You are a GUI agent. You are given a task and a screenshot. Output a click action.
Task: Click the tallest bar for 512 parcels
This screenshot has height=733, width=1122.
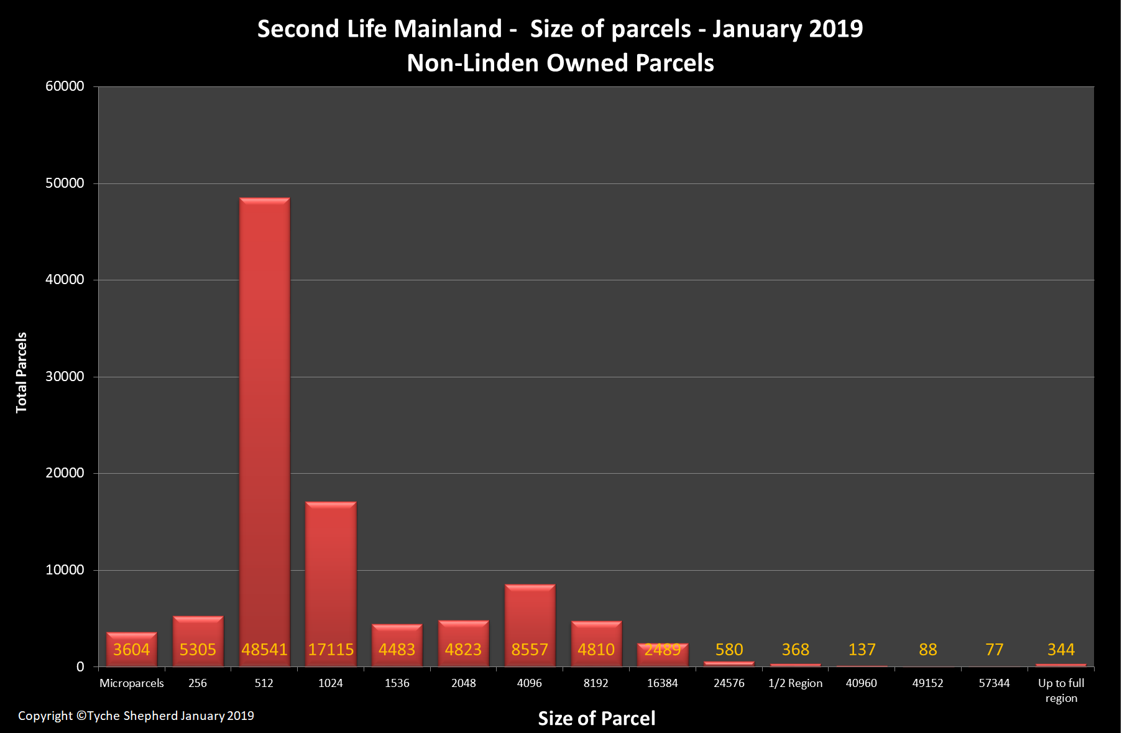pyautogui.click(x=264, y=432)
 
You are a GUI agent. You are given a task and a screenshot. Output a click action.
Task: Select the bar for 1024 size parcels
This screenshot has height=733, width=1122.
pyautogui.click(x=331, y=584)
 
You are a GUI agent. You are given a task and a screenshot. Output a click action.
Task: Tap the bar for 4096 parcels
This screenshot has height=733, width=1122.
pyautogui.click(x=530, y=625)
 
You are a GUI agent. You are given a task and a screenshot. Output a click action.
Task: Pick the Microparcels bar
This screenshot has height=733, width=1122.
pyautogui.click(x=132, y=649)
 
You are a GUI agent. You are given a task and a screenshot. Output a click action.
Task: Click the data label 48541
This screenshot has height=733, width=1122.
pyautogui.click(x=264, y=650)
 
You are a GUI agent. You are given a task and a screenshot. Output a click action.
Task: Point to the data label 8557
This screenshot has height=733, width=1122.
pyautogui.click(x=530, y=650)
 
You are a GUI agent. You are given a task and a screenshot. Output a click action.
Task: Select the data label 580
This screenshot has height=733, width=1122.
pyautogui.click(x=729, y=650)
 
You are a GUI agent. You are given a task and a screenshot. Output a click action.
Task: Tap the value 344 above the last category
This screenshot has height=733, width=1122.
pyautogui.click(x=1061, y=650)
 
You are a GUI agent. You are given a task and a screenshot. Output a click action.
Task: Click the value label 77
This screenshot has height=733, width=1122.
pyautogui.click(x=995, y=650)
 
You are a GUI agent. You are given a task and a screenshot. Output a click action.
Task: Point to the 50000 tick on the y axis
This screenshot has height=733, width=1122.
pyautogui.click(x=65, y=183)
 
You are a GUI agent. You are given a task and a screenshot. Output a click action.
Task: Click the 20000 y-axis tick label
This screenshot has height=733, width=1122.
pyautogui.click(x=65, y=473)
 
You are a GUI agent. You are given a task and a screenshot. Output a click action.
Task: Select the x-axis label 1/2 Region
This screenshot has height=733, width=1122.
pyautogui.click(x=795, y=683)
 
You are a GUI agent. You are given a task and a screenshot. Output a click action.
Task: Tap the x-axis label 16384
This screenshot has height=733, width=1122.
pyautogui.click(x=663, y=683)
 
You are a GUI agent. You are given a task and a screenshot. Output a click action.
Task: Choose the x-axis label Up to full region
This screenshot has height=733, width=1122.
pyautogui.click(x=1061, y=691)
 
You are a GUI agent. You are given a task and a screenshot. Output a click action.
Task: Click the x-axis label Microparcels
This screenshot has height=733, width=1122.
pyautogui.click(x=132, y=683)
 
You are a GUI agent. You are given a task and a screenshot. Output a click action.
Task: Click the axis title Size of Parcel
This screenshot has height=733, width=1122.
pyautogui.click(x=597, y=718)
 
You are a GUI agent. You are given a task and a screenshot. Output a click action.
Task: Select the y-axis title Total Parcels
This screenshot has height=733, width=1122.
pyautogui.click(x=22, y=372)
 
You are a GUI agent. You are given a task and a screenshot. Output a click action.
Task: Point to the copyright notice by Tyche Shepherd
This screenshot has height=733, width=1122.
pyautogui.click(x=136, y=716)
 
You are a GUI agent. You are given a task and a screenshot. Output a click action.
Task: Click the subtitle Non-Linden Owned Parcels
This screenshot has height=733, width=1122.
pyautogui.click(x=561, y=63)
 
